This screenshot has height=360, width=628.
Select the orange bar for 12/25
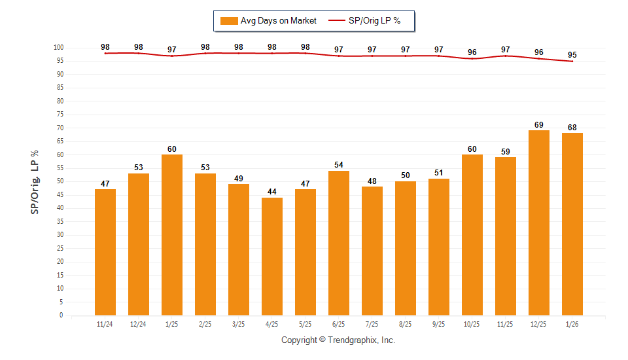coord(539,223)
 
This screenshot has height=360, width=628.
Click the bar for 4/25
coord(272,256)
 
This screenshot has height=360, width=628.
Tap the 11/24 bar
coord(105,252)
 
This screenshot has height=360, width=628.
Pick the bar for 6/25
coord(339,243)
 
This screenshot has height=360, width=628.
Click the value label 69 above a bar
coord(539,124)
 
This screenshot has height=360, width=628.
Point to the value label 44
coord(272,192)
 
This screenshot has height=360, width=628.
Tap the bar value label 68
coord(572,127)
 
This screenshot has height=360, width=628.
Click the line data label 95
coord(572,54)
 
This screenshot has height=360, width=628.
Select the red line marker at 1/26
coord(572,62)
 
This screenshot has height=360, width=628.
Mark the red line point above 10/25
coord(472,59)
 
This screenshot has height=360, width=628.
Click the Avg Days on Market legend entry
coord(268,21)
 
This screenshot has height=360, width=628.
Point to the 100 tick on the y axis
coord(58,48)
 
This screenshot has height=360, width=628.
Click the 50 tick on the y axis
coord(60,181)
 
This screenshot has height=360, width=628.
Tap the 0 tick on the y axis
coord(61,315)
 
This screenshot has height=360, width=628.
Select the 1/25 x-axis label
coord(172,325)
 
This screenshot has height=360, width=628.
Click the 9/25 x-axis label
coord(439,325)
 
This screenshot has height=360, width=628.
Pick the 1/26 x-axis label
coord(572,325)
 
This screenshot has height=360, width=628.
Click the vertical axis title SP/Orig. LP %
coord(35,181)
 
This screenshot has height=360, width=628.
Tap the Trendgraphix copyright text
coord(338,340)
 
